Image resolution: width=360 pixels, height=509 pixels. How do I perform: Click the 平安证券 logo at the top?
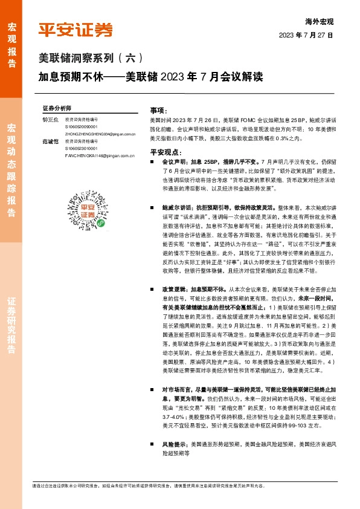coord(75,30)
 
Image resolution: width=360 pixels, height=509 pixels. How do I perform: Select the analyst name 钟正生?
coord(50,120)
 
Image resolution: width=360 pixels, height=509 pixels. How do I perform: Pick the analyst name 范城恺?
coord(50,141)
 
